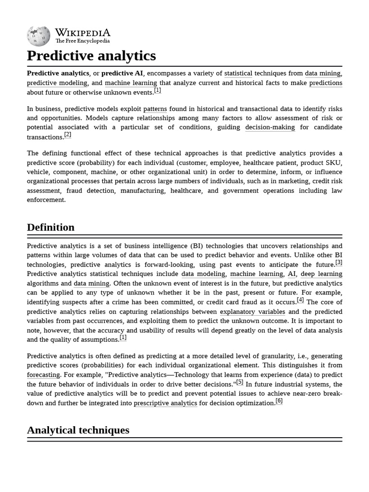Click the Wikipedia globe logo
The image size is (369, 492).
39,36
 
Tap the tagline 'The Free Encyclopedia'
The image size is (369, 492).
82,41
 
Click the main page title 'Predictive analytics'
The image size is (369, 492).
91,56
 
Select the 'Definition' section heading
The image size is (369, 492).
50,227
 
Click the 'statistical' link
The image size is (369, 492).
238,74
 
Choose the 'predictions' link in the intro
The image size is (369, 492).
325,83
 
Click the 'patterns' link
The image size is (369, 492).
155,109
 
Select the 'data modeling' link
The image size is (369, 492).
203,274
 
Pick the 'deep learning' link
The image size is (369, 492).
321,274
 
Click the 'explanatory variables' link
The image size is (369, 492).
252,312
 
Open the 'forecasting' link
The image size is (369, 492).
43,375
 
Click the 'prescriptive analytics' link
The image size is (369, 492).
165,403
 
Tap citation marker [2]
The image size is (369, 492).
68,135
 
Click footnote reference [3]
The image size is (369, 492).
339,262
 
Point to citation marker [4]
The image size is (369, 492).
300,300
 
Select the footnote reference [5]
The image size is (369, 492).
240,382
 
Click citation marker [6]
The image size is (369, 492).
279,401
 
